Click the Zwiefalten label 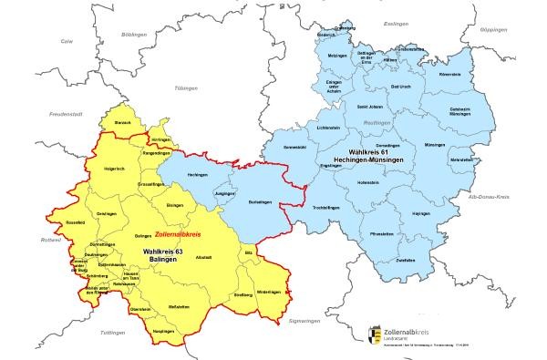(390, 261)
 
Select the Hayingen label (421, 213)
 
